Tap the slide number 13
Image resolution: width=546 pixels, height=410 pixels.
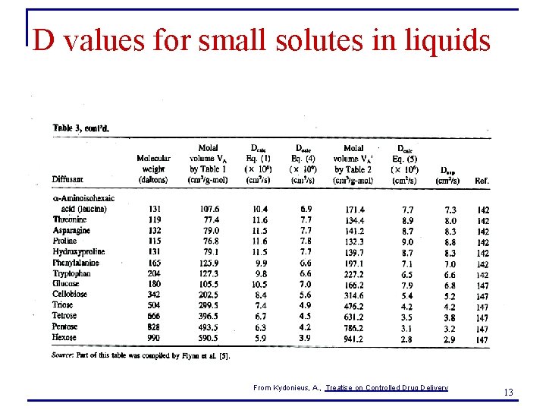pos(508,392)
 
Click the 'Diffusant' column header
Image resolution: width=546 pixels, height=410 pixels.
pos(68,179)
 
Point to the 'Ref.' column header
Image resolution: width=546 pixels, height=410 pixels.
pos(482,180)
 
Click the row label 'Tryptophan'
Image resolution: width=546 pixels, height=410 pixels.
pos(71,273)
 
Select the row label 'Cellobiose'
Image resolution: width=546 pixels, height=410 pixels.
pos(70,295)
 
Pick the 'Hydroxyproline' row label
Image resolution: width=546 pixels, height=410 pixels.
pos(79,251)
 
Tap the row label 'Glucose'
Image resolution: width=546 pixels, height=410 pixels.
pos(66,284)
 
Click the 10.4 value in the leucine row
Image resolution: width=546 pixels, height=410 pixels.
pos(259,209)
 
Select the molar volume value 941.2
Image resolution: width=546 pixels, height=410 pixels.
pos(353,338)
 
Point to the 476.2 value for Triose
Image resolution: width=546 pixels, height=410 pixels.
pos(353,305)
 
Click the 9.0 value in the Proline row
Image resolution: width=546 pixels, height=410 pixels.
pos(406,241)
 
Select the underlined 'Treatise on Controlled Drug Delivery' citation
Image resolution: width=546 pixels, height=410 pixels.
pos(387,388)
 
